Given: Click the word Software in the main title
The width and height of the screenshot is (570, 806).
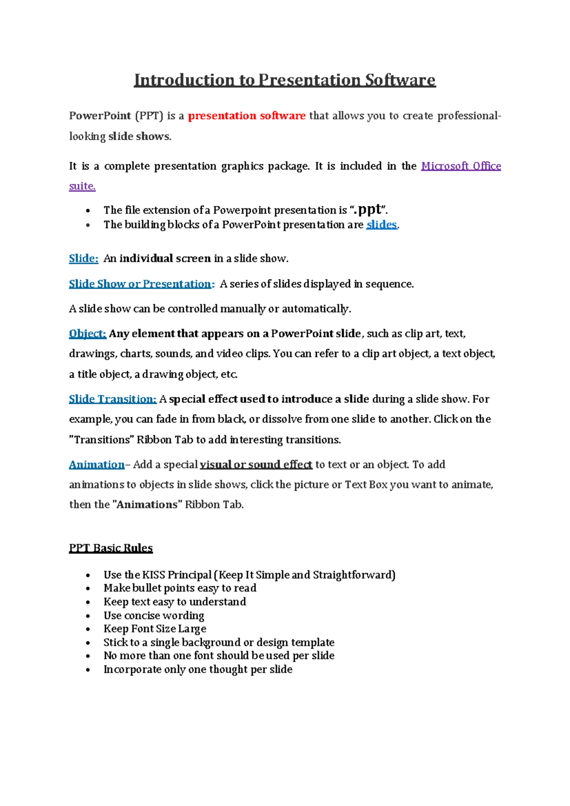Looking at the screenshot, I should pos(400,80).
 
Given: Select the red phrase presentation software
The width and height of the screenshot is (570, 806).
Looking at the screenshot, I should pos(247,116).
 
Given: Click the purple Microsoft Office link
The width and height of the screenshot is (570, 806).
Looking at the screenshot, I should pos(461,166).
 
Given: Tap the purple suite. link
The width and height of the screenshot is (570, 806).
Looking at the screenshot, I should pos(82,186).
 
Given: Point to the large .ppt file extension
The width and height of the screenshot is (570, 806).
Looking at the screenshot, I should pos(369,209).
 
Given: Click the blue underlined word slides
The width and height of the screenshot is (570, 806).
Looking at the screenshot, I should pos(381,225).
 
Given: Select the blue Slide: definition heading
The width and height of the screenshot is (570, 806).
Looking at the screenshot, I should pos(84,259).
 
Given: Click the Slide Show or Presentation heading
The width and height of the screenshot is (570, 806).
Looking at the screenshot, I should pos(141,284).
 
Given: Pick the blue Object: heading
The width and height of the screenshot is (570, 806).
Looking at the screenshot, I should pos(87,334).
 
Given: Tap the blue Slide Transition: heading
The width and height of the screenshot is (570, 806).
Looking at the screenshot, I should pos(113,399).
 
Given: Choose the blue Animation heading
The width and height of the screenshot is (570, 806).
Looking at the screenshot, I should pos(96,464).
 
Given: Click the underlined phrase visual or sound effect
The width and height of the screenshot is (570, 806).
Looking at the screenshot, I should pos(256,464).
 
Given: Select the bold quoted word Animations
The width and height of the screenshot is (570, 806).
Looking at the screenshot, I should pos(147,505).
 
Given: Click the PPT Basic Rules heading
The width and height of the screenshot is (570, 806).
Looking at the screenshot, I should pos(111,548).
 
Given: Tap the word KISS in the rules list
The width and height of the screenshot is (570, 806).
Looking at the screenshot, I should pos(153,575).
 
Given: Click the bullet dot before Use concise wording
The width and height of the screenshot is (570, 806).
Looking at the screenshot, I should pos(88,616).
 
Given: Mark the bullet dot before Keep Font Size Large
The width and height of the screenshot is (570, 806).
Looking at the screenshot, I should pos(88,629).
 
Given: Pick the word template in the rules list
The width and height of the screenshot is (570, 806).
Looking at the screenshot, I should pos(313,643).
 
